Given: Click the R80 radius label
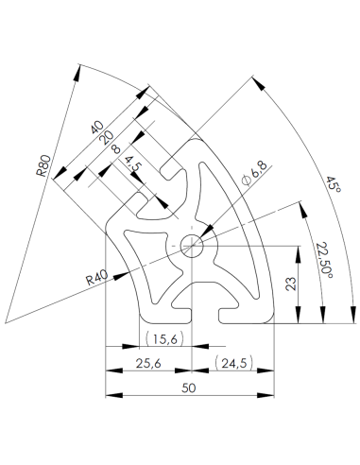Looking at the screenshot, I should (x=43, y=167).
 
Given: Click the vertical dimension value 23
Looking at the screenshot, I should (x=292, y=283).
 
